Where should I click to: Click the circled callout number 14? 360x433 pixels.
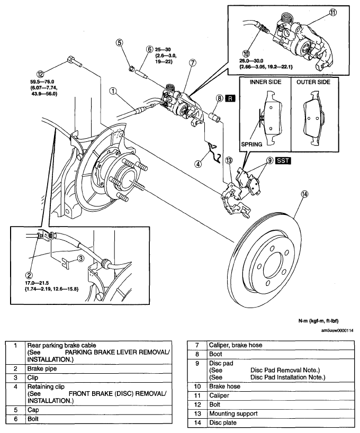304,194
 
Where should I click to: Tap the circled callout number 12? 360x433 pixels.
40,74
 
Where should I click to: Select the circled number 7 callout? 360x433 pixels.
193,62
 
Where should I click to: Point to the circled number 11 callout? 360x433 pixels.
333,12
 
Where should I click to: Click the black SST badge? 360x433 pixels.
283,160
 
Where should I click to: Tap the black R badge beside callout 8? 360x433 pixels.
230,98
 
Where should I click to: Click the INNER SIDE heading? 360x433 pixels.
266,82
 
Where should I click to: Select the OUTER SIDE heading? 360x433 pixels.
313,82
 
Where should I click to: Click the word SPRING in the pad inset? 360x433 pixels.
251,144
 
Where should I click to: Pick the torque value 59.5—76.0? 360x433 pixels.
42,82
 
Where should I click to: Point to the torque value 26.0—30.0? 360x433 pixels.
251,61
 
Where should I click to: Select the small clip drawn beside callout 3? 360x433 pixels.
66,263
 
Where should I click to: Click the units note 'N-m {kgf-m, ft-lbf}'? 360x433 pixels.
319,321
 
